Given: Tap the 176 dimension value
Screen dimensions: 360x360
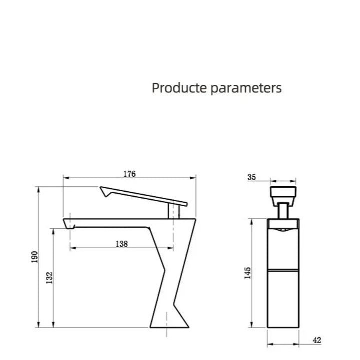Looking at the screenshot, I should pos(129,174).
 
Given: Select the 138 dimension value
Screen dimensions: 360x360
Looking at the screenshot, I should pos(121,244).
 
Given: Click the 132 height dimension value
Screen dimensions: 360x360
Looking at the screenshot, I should pos(48,277).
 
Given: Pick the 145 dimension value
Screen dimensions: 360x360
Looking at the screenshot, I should pos(248,273).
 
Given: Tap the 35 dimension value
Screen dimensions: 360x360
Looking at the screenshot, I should pos(252,177).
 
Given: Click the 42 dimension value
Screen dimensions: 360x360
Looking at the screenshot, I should pos(317,341).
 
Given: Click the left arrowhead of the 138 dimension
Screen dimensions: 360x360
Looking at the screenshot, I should pos(71,248).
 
